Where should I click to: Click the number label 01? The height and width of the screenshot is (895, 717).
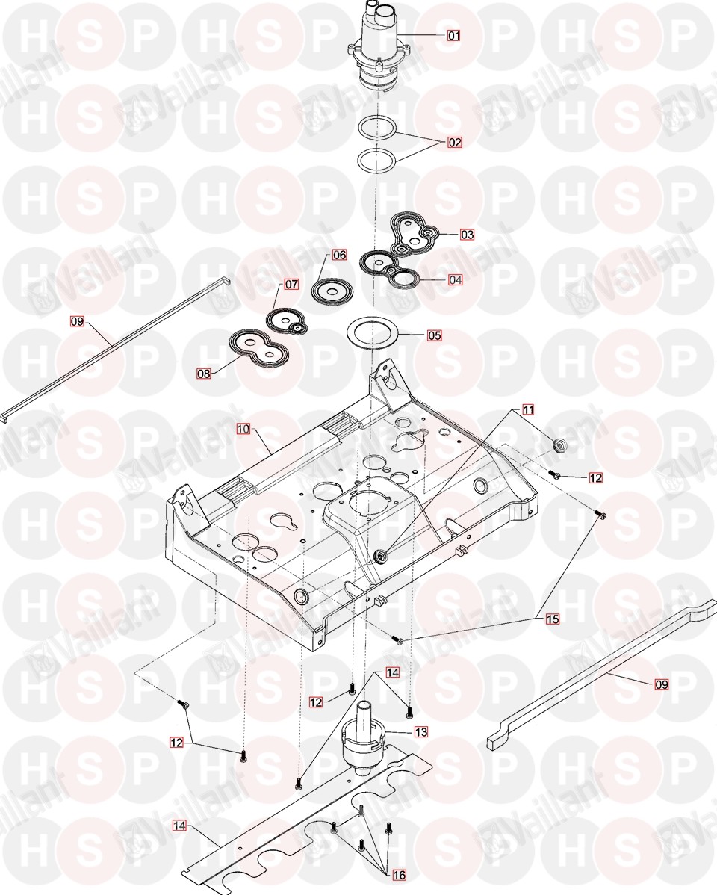pos(454,35)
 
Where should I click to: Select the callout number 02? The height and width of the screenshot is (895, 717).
pos(454,141)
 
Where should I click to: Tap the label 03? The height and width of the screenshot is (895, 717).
pos(467,235)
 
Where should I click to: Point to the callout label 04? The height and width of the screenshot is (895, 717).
pos(455,280)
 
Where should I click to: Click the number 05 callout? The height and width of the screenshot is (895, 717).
pos(434,336)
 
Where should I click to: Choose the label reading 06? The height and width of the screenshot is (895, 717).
pos(339,255)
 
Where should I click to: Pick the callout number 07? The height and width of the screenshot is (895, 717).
pos(291,285)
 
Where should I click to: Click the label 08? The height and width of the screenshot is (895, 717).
pos(204,371)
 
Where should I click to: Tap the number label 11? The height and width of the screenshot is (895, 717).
pos(528,409)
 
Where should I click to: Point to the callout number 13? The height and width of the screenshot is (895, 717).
pos(421,733)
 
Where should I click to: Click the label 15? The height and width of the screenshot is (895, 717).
pos(553,619)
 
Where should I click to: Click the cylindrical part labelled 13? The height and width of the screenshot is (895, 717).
pos(366,736)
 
